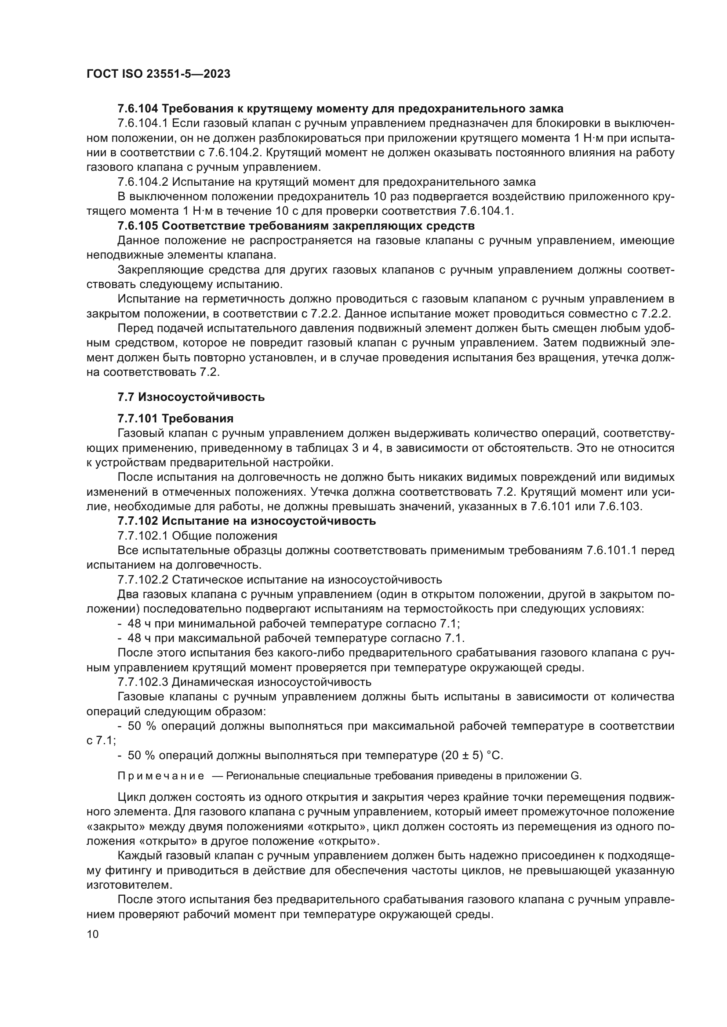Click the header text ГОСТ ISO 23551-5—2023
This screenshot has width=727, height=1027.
coord(158,74)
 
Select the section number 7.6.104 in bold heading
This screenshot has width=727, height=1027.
coord(138,109)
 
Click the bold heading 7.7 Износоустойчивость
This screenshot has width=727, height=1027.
coord(191,397)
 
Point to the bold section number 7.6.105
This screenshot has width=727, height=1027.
coord(138,226)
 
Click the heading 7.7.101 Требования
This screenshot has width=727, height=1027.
coord(175,419)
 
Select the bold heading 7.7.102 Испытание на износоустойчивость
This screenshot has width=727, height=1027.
coord(247,521)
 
